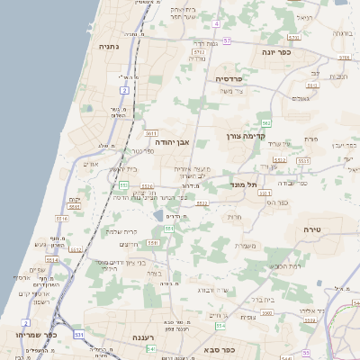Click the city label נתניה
tap(108, 46)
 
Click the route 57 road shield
tap(227, 40)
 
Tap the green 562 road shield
tap(265, 121)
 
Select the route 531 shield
tap(80, 335)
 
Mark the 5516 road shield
tap(62, 218)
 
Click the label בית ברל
tap(256, 300)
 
